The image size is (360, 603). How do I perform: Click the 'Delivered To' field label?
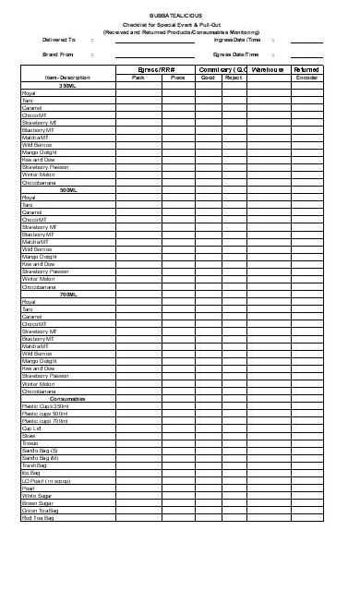[60, 41]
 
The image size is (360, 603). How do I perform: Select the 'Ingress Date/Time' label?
[237, 41]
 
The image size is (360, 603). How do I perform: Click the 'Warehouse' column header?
[267, 69]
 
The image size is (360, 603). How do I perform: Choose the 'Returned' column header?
[306, 69]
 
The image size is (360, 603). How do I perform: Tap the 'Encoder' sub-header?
[306, 78]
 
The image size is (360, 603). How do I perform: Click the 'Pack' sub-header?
[138, 78]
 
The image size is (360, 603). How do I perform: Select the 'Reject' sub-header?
[234, 78]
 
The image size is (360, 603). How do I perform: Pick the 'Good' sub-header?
[210, 78]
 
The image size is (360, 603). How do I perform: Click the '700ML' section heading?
[67, 294]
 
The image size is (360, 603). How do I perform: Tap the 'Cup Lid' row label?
[31, 429]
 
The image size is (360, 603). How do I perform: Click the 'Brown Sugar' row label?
[36, 502]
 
